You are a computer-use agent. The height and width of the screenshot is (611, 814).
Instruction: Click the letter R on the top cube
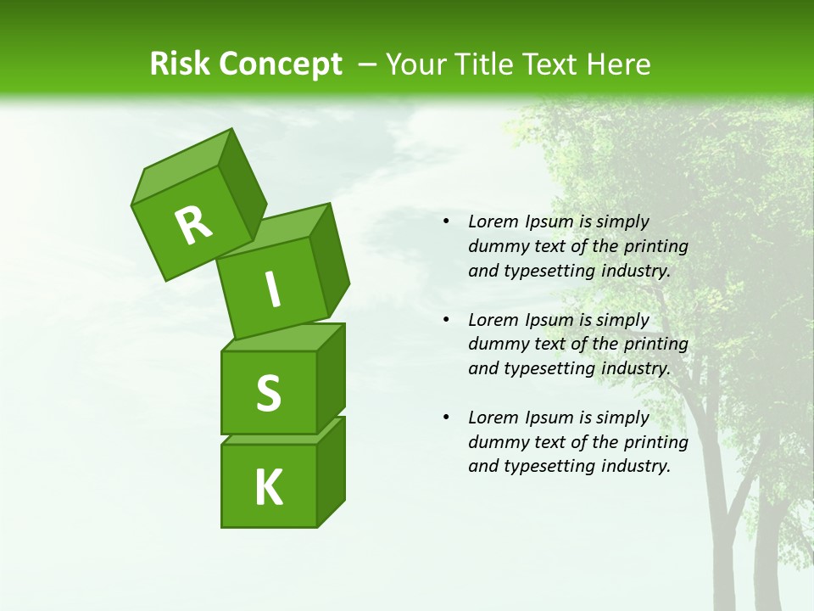193,225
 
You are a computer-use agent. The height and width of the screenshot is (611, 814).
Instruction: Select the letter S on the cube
268,393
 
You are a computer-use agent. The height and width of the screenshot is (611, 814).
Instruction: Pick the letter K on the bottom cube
268,488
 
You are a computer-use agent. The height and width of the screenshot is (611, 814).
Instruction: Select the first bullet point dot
446,222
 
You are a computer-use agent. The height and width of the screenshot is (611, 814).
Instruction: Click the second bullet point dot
446,321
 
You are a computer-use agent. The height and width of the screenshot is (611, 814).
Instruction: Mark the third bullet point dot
446,418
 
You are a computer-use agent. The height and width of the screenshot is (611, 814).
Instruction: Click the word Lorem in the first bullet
491,222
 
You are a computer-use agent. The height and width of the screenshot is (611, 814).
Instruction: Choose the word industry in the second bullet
636,369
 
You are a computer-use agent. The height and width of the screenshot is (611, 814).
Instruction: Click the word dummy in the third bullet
495,442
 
